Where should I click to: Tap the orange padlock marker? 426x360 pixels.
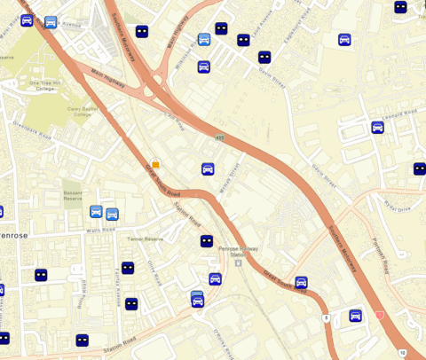[155, 164]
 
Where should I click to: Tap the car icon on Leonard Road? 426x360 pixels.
[377, 127]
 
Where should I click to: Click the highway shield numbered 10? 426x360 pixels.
[403, 352]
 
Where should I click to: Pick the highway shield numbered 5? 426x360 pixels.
[326, 317]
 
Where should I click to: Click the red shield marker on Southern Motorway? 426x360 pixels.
[380, 315]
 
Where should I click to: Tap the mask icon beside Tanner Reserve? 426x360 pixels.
[206, 240]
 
